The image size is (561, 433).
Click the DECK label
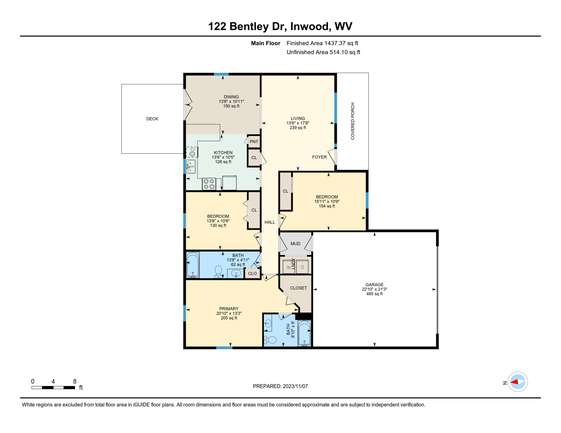pos(152,119)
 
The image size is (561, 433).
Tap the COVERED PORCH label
pos(353,121)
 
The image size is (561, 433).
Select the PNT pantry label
pos(254,142)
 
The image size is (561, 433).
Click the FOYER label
pos(319,157)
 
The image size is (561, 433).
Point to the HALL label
pos(270,222)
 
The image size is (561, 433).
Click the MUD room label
pos(295,244)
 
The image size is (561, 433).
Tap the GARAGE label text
pos(374,285)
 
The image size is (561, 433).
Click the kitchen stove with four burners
pos(209,184)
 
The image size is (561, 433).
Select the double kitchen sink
pos(191,166)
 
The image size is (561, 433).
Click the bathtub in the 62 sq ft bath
pos(193,265)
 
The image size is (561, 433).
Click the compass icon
pos(518,382)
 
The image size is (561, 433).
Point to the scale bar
pos(53,388)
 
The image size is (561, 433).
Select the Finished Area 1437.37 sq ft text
pos(322,43)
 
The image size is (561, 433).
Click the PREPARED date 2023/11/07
pos(280,386)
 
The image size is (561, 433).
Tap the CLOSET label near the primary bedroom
pos(299,288)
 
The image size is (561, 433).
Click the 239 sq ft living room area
pos(298,128)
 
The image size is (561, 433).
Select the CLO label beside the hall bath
pos(252,273)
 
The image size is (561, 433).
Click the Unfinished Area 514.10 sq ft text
pos(323,52)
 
